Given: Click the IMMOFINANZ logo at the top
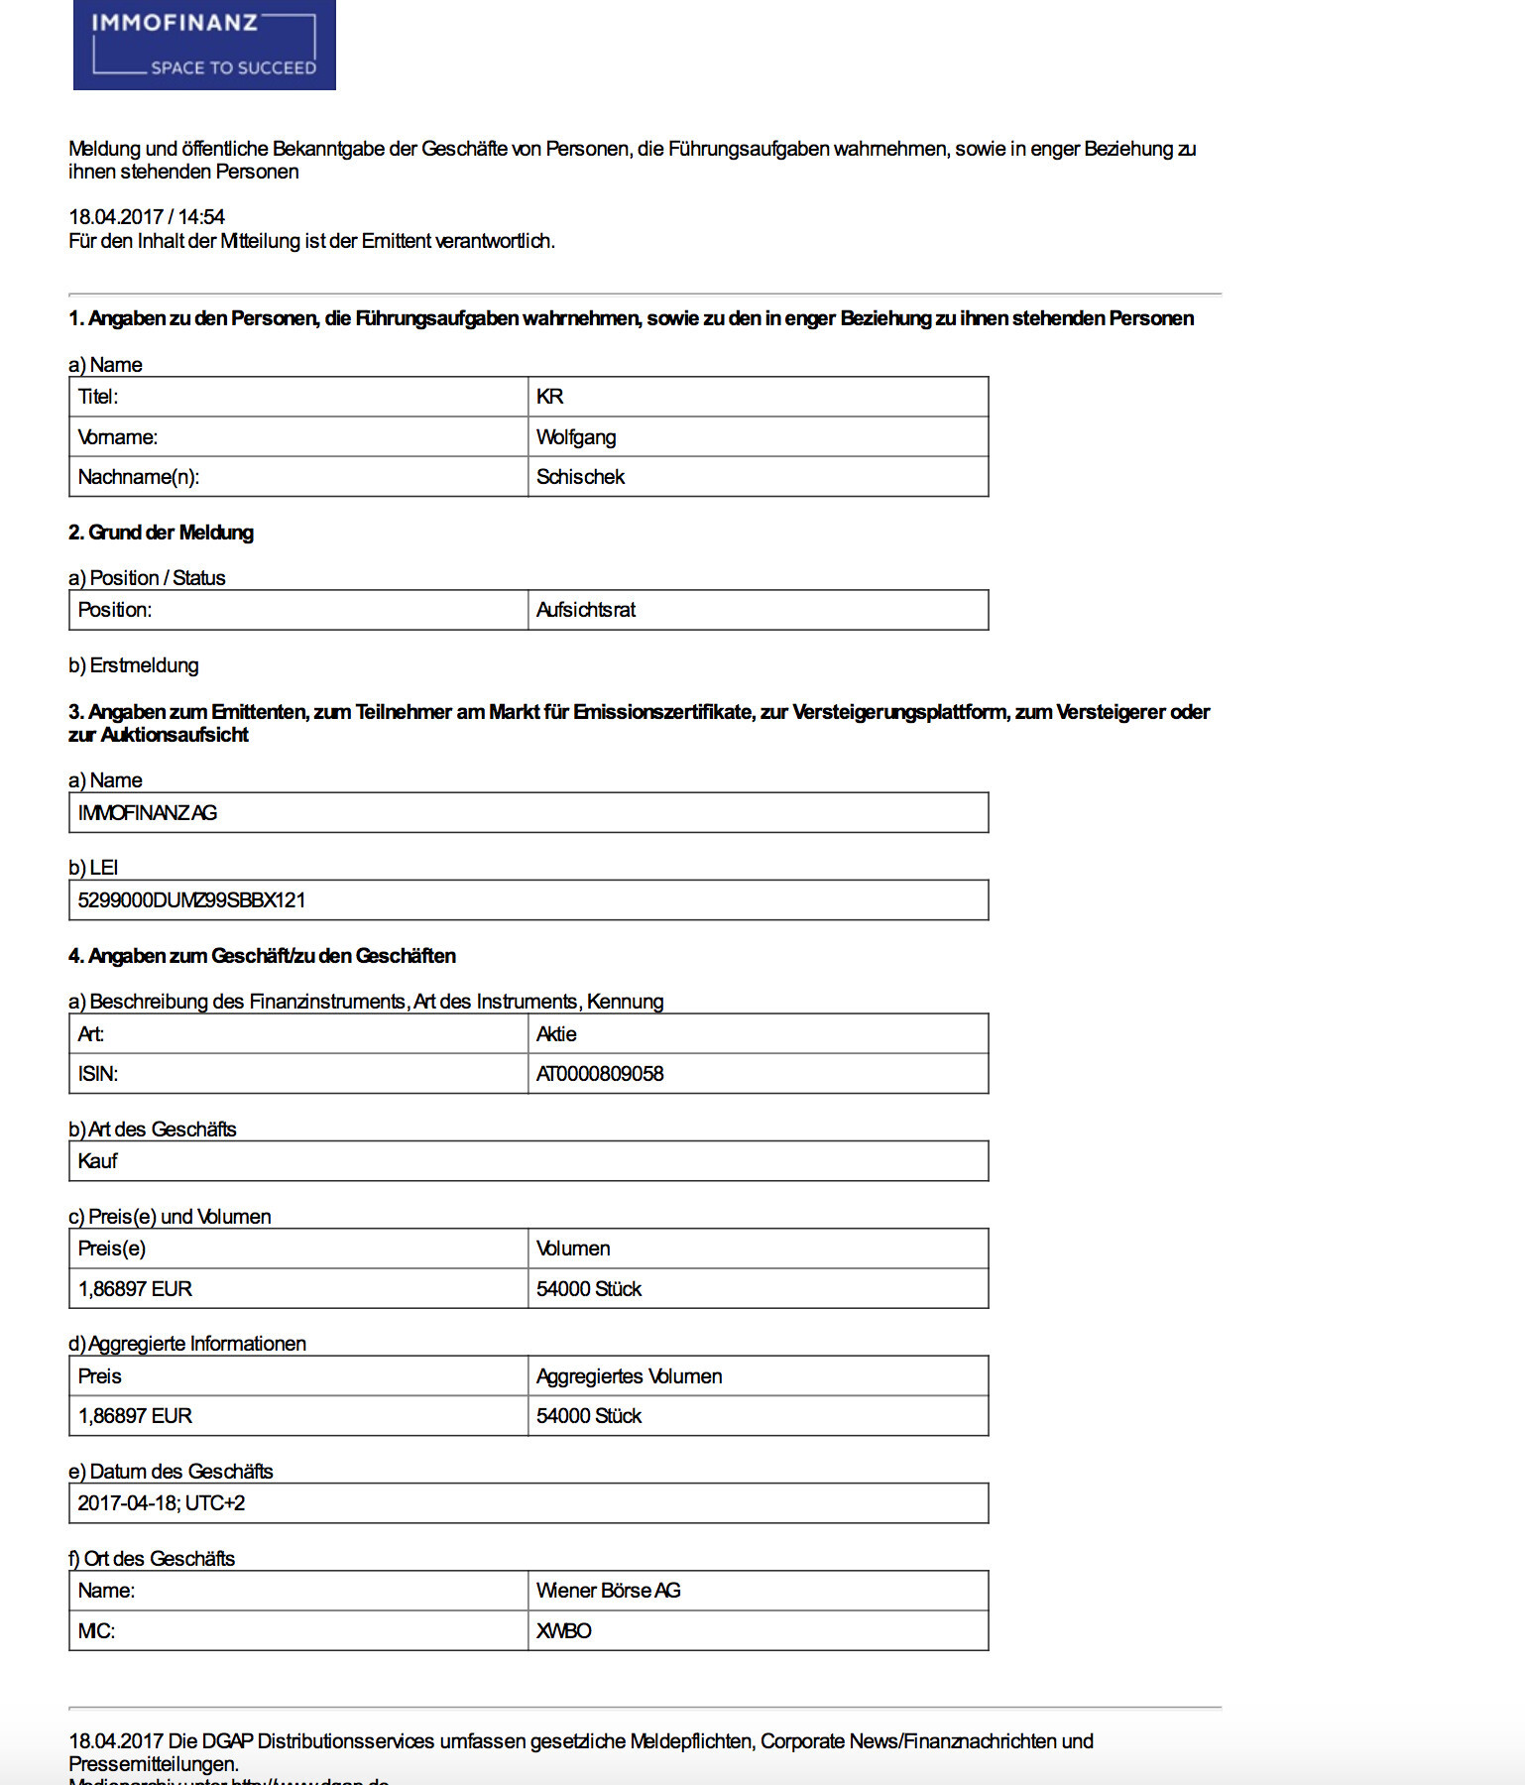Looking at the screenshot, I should pos(204,46).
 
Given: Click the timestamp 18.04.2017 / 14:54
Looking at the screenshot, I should pos(147,216).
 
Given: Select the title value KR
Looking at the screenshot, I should pos(550,397).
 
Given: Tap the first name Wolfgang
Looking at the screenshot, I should pos(576,437).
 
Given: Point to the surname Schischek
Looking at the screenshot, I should pos(580,477).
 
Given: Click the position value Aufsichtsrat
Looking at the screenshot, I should pos(586,610).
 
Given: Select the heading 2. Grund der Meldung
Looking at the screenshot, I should pos(161,533).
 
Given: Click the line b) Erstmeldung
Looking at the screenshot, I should pos(134,665).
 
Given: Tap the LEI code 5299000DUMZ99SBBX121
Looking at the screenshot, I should pos(191,900).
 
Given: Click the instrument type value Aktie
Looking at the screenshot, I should pos(556,1034).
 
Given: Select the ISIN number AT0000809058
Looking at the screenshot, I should pos(600,1074).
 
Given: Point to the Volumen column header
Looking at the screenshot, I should pos(573,1249).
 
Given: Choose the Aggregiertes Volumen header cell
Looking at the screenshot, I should pos(629,1376).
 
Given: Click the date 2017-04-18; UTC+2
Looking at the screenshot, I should pos(162,1503).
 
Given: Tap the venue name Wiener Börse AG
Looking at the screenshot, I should pos(608,1591).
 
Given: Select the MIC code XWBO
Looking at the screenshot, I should pos(563,1631).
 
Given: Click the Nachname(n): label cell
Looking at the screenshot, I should pos(139,477).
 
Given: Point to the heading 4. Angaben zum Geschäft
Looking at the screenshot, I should pos(262,956).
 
